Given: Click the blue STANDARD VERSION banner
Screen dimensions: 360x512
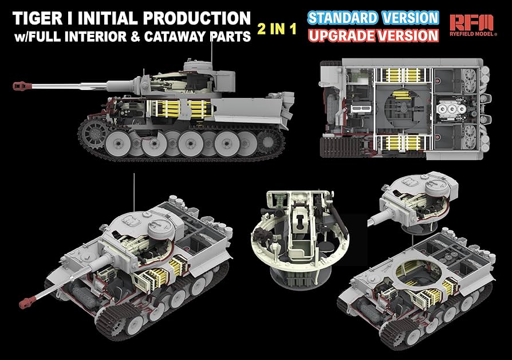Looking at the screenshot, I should (x=373, y=17).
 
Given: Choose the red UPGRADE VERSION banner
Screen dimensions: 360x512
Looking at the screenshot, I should (x=373, y=35).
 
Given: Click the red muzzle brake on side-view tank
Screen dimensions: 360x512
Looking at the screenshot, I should (x=21, y=86).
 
